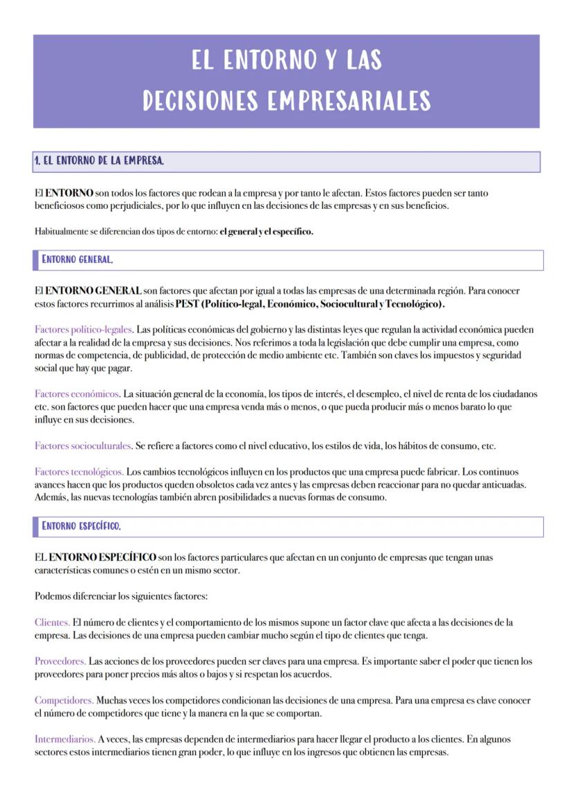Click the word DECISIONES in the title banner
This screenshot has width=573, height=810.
point(200,101)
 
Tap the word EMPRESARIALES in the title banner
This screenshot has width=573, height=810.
point(348,101)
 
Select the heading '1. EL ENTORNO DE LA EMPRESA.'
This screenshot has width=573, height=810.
point(100,161)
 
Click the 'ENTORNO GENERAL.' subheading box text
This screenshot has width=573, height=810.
point(78,260)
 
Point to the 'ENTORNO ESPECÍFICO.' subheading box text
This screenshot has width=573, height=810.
point(82,526)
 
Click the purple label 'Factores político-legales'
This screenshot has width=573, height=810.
point(83,330)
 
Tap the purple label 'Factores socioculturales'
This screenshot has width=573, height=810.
point(83,445)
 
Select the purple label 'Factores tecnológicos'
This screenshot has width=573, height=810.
point(79,472)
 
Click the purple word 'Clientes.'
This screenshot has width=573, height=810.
point(53,623)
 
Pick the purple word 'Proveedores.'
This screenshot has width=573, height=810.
point(60,661)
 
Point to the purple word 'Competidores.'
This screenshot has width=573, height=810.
point(64,701)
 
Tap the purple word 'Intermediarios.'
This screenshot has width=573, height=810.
point(65,739)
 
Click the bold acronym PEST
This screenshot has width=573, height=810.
point(187,304)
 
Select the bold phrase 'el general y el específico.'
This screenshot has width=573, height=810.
point(266,232)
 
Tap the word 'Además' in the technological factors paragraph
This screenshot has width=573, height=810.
point(51,497)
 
